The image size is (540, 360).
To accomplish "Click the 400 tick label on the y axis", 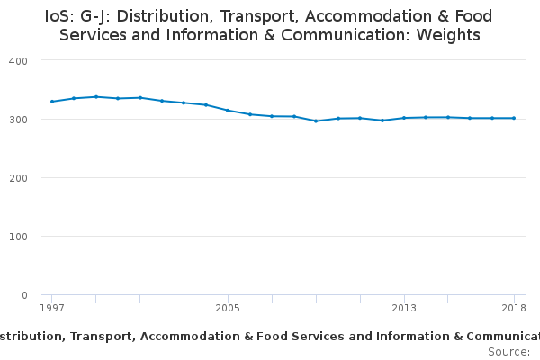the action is point(18,61).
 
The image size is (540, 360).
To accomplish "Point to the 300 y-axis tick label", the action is point(18,120).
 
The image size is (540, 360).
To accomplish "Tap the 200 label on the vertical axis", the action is point(18,178).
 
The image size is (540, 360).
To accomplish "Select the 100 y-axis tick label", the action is point(18,237).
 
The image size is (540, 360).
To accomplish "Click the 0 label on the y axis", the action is point(24,295).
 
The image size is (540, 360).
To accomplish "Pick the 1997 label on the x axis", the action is point(52,308).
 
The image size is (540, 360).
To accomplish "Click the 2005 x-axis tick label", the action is point(228,308).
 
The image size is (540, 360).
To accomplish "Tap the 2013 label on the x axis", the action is point(404,308).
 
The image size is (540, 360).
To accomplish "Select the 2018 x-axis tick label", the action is point(514,308).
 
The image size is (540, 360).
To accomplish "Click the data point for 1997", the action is point(52,102).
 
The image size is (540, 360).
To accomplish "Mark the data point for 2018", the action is point(514,118).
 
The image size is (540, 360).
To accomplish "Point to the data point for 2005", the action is point(228,111).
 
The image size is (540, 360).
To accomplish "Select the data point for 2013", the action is point(404,118).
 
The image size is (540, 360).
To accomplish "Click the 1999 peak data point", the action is point(96,97).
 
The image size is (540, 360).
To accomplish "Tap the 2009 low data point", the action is point(316,121).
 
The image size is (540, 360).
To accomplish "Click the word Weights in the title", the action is point(448,35).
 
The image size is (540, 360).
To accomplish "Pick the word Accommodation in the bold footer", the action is point(190,337).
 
